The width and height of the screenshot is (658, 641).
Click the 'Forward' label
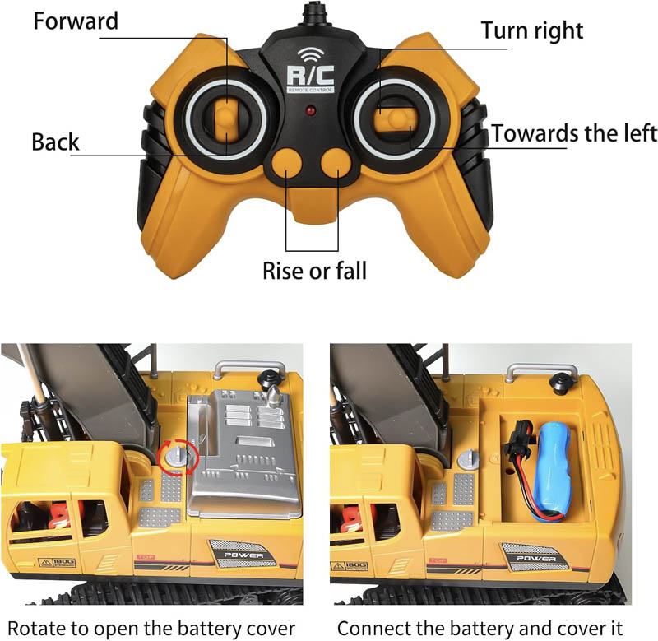coord(76,21)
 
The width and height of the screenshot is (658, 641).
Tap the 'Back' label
coord(55,142)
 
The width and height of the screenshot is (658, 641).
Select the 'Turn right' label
coord(532,30)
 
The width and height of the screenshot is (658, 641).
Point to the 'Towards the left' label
coord(574,133)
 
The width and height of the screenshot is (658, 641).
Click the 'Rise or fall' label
coord(315,271)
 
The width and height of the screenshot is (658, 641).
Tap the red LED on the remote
coord(311,111)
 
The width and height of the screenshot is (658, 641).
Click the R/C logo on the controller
coord(311,77)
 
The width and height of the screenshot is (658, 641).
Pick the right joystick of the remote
coord(395,119)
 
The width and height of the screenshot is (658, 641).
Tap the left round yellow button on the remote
coord(287,163)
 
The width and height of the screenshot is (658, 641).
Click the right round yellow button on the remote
coord(336,163)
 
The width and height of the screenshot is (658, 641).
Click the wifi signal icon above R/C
coord(311,53)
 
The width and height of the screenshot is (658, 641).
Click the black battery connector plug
coord(520,442)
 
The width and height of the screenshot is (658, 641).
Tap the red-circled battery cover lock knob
coord(177,458)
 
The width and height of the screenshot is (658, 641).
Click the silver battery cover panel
coord(244,453)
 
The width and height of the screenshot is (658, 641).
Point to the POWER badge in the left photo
coord(243,554)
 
